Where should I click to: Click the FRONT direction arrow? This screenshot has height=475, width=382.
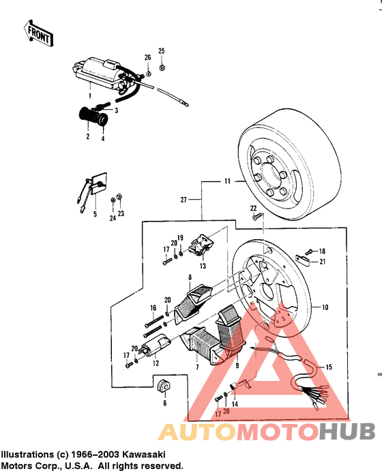coord(38,32)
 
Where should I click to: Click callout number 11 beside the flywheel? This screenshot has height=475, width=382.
coord(226,183)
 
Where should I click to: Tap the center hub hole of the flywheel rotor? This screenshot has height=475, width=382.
coord(282,177)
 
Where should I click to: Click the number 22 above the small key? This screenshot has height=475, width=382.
coord(253,208)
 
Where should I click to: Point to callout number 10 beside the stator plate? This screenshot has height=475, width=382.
coord(325,307)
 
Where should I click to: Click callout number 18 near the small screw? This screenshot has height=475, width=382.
coord(322,251)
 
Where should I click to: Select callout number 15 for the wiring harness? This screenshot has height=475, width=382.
coord(329,367)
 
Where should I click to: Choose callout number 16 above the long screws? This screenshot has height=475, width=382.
coord(153,307)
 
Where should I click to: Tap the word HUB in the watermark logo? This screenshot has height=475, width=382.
coord(348,431)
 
